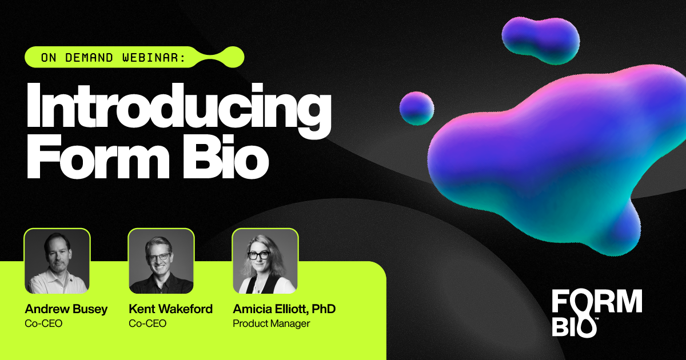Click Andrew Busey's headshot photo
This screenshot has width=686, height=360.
57,261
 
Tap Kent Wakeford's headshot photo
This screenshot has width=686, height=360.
161,261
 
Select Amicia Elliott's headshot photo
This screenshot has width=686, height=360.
265,261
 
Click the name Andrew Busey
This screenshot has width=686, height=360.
66,309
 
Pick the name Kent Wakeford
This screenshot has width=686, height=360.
170,309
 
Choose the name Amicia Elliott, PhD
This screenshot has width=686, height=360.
284,309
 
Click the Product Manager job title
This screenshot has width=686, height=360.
271,323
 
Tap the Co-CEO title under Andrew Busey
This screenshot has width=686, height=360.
43,323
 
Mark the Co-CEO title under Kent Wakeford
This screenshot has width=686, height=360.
147,323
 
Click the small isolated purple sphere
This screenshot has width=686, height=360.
417,107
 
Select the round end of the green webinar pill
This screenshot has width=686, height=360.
233,57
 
